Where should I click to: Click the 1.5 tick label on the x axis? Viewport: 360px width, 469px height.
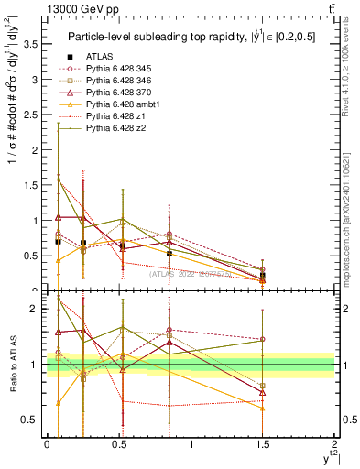coord(263,444)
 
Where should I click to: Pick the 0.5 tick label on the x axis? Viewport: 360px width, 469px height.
coord(119,444)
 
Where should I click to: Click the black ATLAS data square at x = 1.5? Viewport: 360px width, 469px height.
coord(263,275)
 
